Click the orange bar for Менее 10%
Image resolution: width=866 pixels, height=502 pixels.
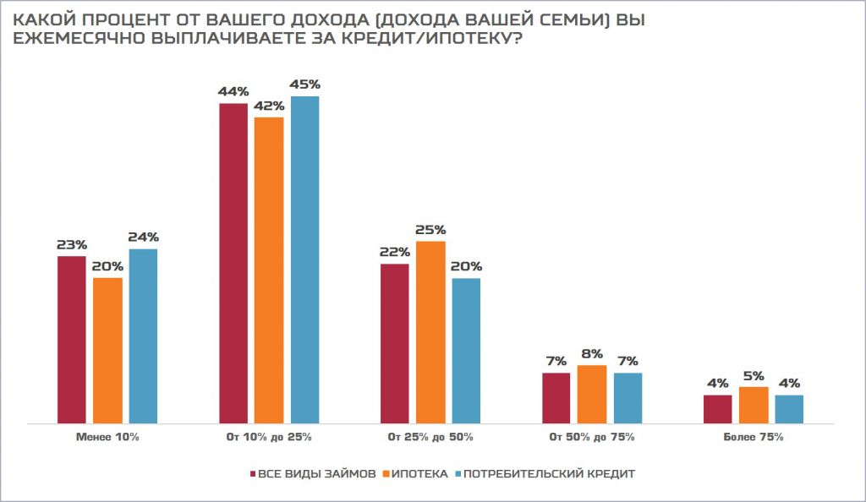click(107, 350)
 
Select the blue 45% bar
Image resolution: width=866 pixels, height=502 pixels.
click(304, 259)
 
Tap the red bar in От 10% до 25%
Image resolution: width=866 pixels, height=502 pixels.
click(233, 263)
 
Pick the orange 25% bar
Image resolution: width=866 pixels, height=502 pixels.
click(430, 331)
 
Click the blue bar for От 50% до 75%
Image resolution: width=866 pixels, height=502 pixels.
click(628, 397)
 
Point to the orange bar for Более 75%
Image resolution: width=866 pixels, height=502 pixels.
click(754, 405)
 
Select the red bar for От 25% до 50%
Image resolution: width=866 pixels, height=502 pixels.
click(395, 343)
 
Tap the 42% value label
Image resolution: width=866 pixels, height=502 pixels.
click(269, 106)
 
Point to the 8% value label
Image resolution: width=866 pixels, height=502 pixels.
click(592, 354)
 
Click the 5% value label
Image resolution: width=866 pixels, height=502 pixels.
click(754, 376)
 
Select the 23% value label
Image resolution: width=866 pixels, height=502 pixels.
click(72, 245)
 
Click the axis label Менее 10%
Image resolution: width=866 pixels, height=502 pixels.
click(107, 438)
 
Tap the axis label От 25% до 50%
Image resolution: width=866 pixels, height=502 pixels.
click(430, 438)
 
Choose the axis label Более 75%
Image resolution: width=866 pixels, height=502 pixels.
click(754, 438)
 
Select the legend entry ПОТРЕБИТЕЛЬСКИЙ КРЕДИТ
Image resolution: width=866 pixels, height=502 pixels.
click(549, 474)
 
